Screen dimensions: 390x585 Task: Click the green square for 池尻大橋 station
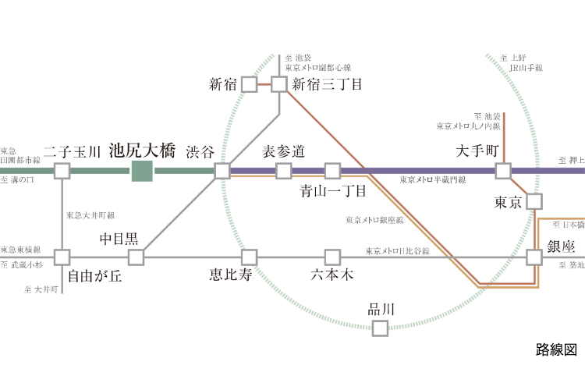click(x=141, y=171)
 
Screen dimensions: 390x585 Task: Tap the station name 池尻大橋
click(x=143, y=149)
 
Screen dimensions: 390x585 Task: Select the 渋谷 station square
click(x=222, y=171)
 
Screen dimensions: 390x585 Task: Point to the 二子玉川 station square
click(x=62, y=171)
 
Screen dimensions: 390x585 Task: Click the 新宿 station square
click(x=250, y=83)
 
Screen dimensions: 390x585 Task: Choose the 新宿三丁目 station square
click(x=279, y=83)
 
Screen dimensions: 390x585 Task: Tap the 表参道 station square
click(x=284, y=171)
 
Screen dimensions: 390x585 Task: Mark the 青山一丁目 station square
click(x=333, y=171)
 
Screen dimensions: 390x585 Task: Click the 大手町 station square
click(x=503, y=171)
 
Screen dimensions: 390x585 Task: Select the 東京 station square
click(x=534, y=201)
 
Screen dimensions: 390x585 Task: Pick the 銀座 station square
click(x=534, y=257)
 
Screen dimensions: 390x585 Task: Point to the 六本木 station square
click(x=333, y=257)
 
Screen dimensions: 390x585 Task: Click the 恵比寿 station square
click(x=250, y=257)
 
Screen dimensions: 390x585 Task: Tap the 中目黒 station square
click(x=136, y=257)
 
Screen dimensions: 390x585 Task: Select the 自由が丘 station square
click(x=62, y=257)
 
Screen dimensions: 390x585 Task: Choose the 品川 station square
click(x=380, y=328)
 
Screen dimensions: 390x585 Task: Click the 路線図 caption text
click(x=555, y=349)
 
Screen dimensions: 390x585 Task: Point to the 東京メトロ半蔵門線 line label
click(x=432, y=180)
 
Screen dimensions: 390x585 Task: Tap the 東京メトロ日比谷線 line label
click(x=397, y=250)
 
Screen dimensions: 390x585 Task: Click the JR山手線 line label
click(x=526, y=68)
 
